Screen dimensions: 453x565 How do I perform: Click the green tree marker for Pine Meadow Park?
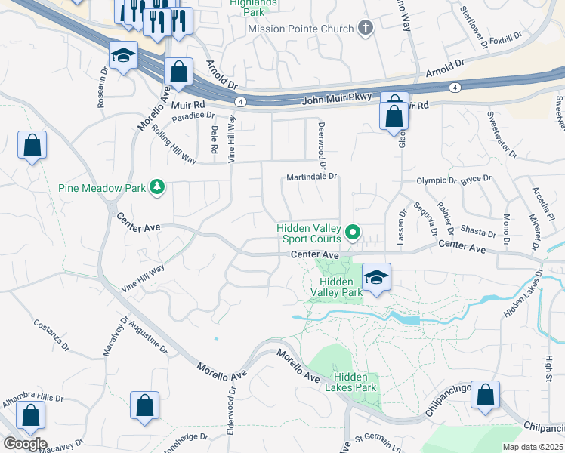coord(157,186)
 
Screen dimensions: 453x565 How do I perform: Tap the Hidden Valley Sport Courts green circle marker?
coord(352,231)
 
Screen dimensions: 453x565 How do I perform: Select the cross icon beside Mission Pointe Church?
coord(366,29)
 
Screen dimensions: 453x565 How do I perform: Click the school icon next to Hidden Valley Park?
coord(375,277)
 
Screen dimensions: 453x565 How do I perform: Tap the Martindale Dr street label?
coord(310,177)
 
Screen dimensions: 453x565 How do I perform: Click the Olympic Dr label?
coord(437,181)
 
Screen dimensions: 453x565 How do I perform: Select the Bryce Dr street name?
coord(476,180)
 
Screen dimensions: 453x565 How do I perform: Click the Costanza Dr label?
coord(51,335)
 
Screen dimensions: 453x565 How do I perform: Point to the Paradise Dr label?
coord(193,116)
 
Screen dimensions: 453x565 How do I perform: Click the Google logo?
coord(24,444)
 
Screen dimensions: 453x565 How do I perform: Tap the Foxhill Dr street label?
coord(505,37)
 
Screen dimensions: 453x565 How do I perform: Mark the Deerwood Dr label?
coord(321,144)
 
